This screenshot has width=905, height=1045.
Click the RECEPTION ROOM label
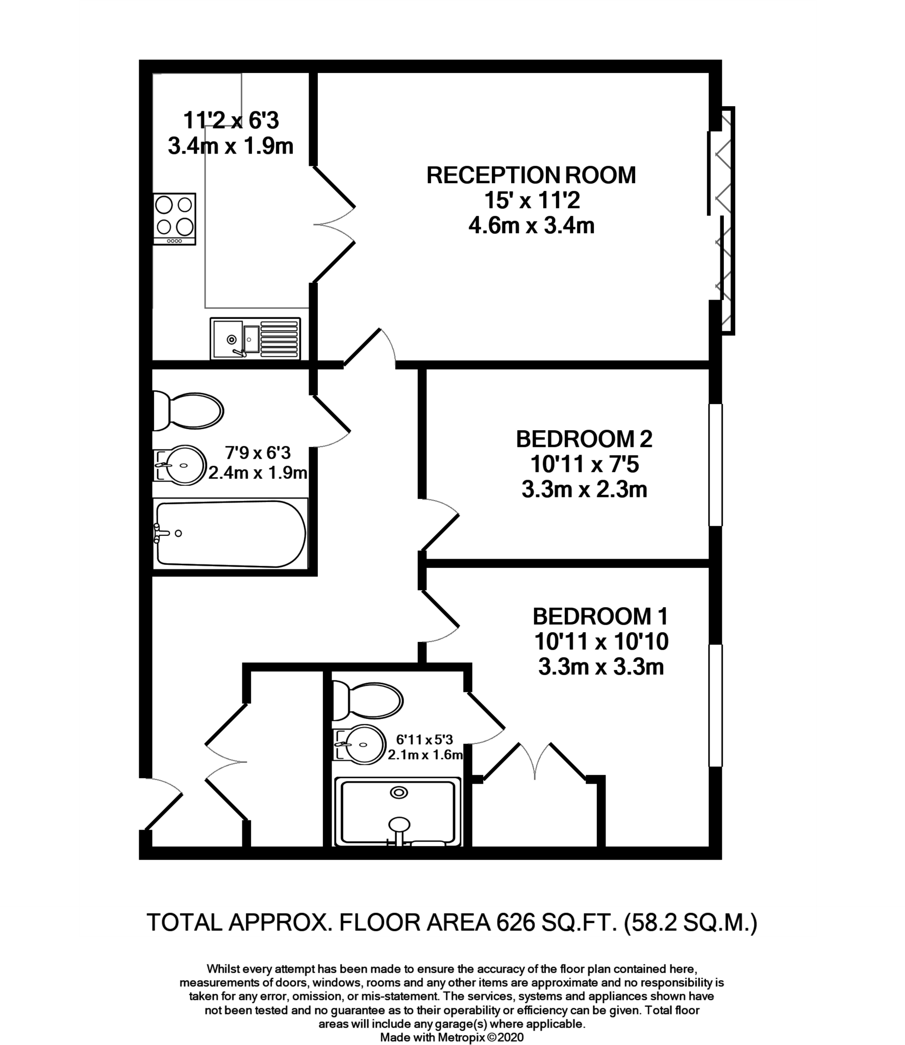(x=531, y=176)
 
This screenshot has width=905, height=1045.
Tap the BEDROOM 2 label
(x=584, y=439)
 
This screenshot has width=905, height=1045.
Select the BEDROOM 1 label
(x=600, y=617)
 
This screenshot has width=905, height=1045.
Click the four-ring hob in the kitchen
(x=174, y=219)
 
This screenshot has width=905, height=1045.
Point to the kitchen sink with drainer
(x=255, y=338)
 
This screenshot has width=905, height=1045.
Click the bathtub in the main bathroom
(x=231, y=534)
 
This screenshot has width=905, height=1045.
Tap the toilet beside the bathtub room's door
(x=189, y=411)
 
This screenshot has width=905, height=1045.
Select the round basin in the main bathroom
(x=181, y=465)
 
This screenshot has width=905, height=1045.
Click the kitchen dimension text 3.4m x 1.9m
(x=231, y=146)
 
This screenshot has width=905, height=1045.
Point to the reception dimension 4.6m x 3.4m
(x=532, y=226)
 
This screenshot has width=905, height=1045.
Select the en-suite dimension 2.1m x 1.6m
(x=425, y=755)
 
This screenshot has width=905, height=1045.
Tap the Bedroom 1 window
(x=716, y=705)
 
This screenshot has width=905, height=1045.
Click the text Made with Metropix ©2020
(x=452, y=1037)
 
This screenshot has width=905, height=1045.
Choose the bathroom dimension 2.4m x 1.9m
(x=258, y=473)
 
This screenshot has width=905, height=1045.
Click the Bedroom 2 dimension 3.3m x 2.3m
(x=584, y=490)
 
